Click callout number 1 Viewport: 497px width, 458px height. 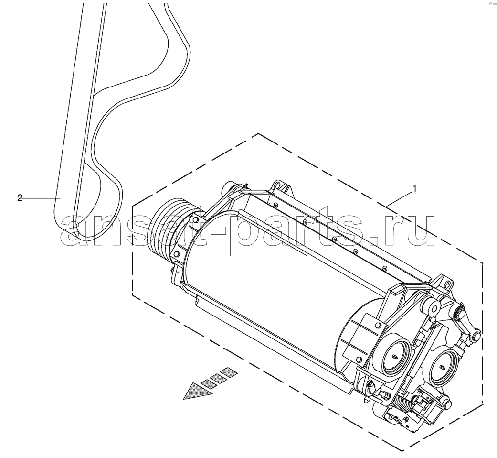click(414, 189)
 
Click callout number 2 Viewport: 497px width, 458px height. click(20, 198)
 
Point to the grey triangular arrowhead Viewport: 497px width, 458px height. click(198, 391)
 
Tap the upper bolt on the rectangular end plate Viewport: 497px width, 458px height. click(377, 325)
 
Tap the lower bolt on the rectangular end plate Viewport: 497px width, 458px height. click(359, 359)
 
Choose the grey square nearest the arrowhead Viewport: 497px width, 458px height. click(208, 383)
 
